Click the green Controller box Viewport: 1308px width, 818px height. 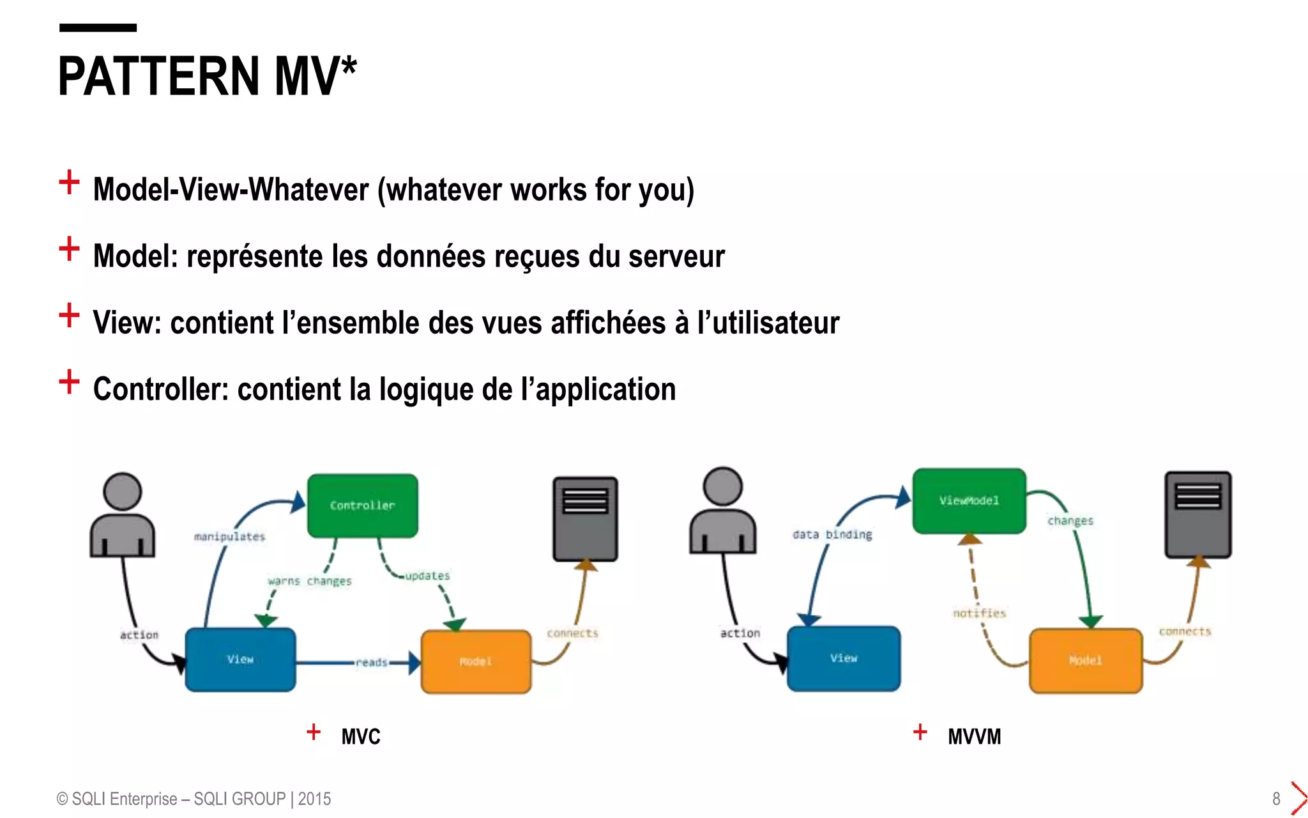click(362, 505)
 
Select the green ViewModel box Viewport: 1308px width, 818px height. click(969, 500)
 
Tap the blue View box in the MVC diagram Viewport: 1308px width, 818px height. click(240, 660)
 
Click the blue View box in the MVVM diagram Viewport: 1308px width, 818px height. click(844, 658)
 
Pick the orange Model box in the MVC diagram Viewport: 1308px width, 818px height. click(476, 661)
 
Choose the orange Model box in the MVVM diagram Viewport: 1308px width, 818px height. click(1086, 660)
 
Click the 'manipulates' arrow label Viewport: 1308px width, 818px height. click(229, 536)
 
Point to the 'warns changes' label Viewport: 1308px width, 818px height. click(310, 581)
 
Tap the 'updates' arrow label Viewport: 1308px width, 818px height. click(427, 576)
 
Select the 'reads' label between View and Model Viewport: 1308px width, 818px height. click(372, 663)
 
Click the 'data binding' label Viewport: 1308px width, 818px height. click(832, 534)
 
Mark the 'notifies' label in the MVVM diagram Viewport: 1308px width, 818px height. click(979, 613)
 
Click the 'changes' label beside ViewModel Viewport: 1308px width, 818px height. click(1070, 521)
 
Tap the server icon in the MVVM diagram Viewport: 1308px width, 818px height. click(1198, 514)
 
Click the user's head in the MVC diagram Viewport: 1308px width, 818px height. click(122, 491)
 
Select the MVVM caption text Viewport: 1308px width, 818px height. click(974, 737)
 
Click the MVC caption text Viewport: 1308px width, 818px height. click(361, 737)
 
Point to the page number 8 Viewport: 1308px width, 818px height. click(1276, 799)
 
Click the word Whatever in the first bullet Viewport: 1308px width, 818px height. click(308, 190)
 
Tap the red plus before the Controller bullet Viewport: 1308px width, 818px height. click(69, 382)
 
